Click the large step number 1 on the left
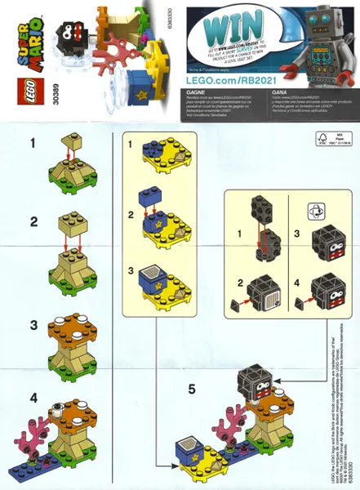[33, 144]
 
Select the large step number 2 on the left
[33, 221]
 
